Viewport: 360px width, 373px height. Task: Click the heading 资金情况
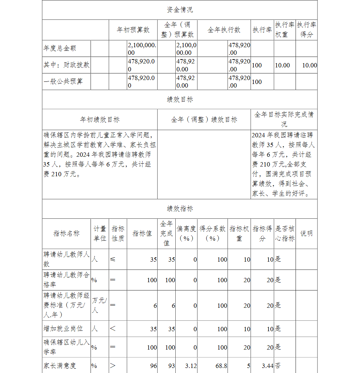[180, 10]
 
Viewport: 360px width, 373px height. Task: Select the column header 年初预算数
[133, 30]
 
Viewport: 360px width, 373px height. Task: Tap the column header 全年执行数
[224, 30]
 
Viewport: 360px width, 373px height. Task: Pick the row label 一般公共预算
[63, 81]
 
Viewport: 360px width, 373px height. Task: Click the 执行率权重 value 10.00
[282, 65]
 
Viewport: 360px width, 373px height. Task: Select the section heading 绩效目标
[180, 99]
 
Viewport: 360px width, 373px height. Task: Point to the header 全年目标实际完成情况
[284, 119]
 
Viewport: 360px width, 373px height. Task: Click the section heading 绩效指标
[180, 209]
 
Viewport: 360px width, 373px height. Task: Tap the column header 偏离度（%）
[186, 234]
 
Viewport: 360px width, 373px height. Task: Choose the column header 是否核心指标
[285, 234]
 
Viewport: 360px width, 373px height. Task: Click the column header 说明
[306, 234]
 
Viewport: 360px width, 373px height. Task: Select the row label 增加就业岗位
[63, 329]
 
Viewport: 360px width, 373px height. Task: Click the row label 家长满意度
[60, 365]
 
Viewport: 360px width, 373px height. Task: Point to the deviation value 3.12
[191, 366]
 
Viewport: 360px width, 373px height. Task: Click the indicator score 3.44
[267, 366]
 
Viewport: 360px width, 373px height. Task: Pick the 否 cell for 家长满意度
[278, 366]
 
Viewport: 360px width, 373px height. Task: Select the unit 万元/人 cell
[99, 305]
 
